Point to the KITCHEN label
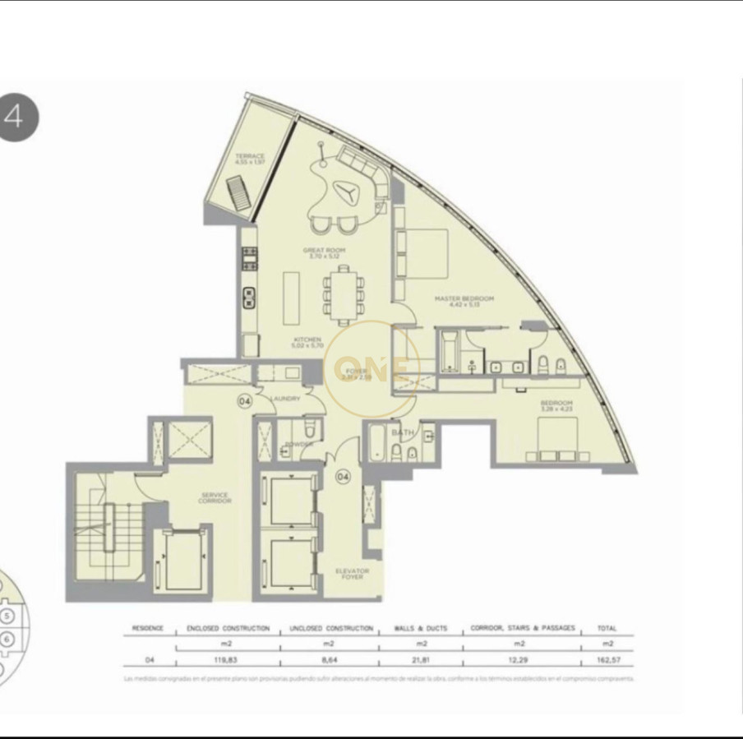point(307,342)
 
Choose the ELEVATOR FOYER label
point(352,573)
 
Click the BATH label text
point(402,432)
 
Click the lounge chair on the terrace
point(234,197)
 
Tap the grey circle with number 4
point(18,118)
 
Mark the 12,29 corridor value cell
point(523,659)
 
